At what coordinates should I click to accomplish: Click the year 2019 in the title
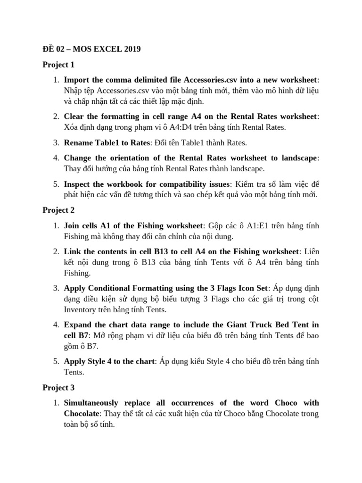coord(131,49)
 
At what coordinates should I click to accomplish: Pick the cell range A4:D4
coord(188,126)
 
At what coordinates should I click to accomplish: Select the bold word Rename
coord(78,142)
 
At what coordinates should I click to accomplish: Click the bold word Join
coord(72,225)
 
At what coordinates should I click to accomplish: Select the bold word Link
coord(72,251)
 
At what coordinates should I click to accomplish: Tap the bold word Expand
coord(78,325)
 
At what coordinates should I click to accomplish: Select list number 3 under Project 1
coord(56,142)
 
